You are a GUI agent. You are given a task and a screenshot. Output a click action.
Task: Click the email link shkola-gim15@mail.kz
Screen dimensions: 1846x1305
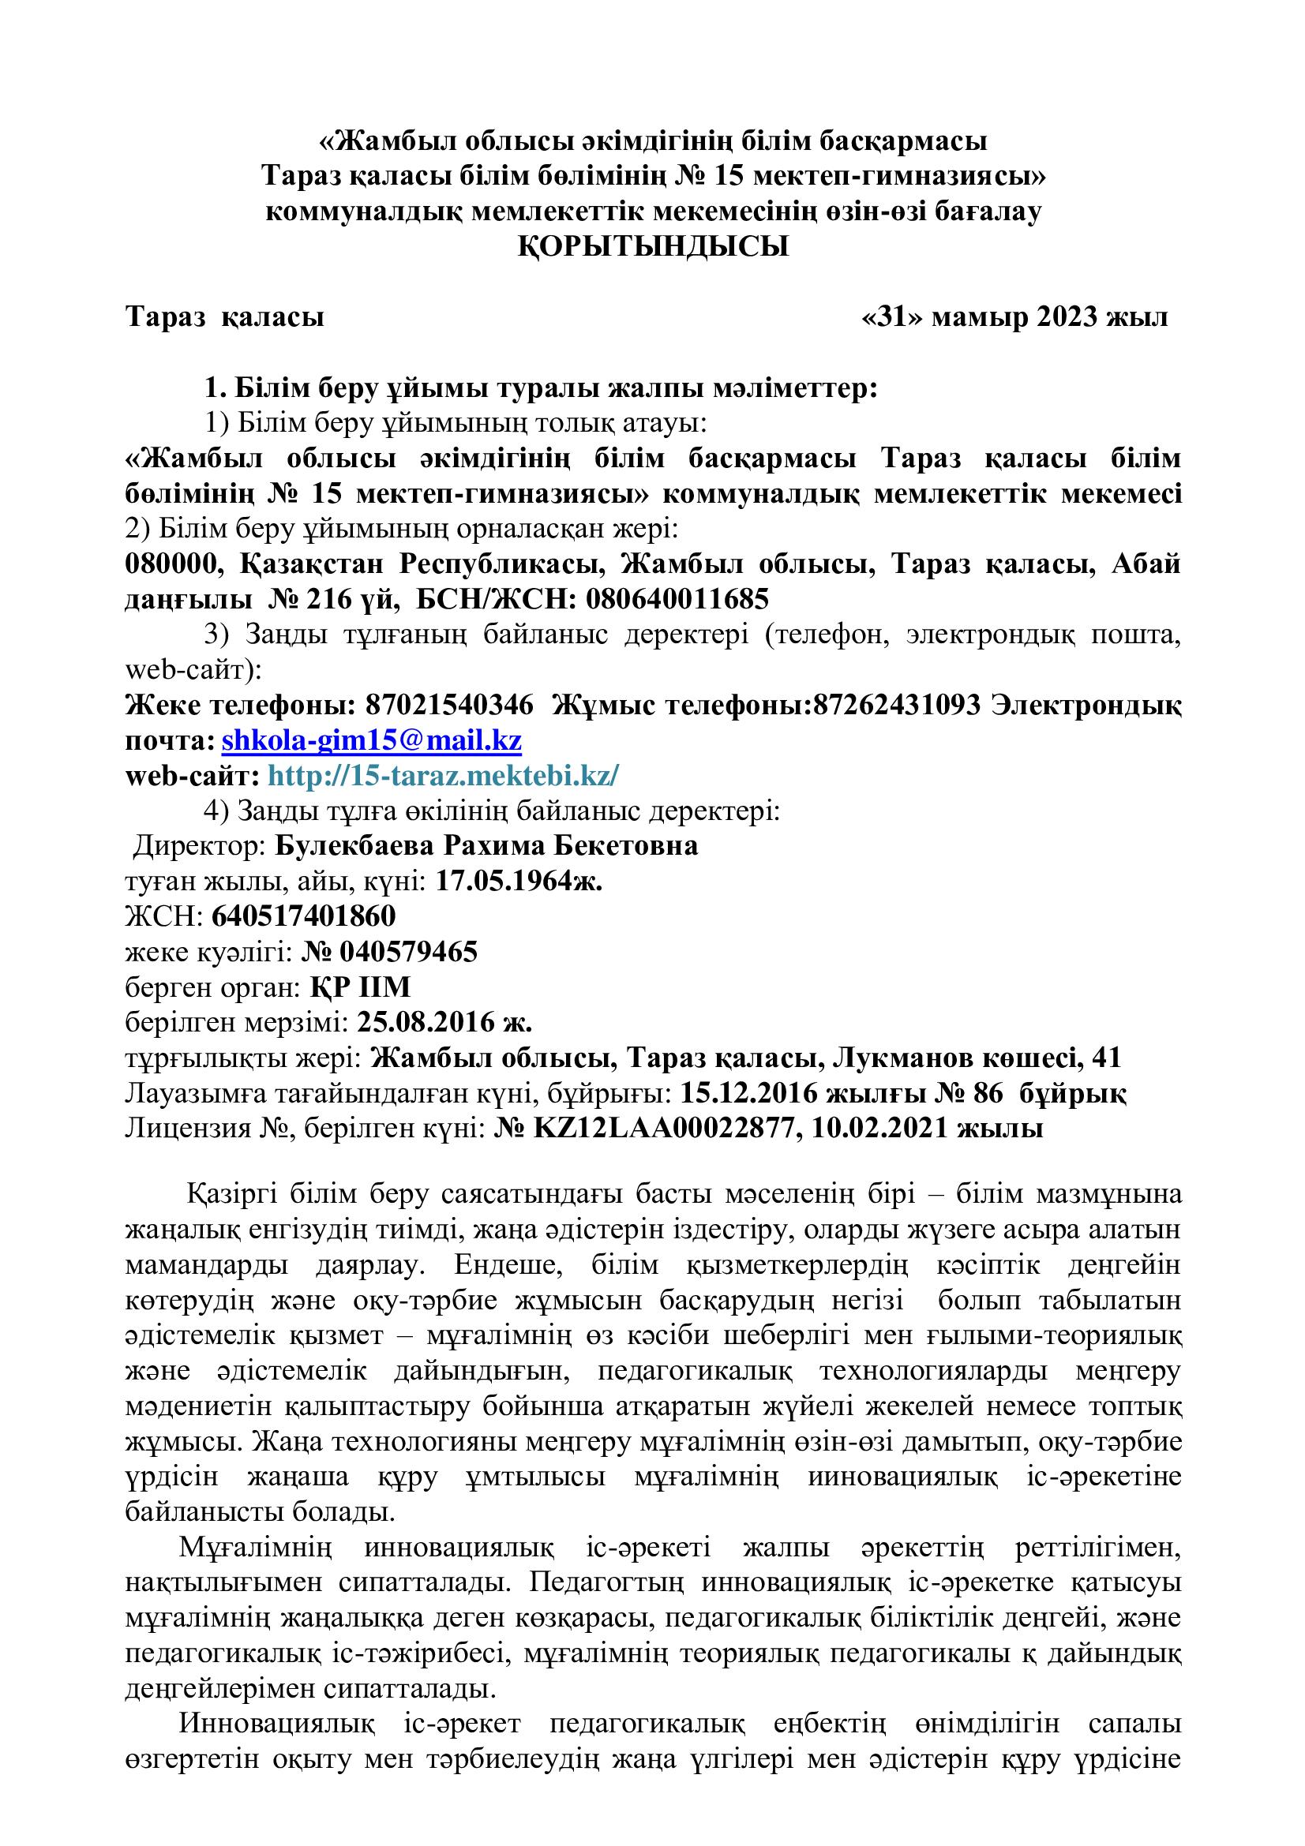point(372,740)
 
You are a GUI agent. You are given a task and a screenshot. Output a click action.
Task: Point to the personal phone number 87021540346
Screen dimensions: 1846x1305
point(449,705)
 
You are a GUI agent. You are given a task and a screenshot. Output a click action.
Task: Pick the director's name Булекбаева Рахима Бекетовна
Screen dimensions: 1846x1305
point(486,846)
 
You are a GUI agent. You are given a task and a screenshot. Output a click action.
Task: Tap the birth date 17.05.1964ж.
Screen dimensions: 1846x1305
point(519,882)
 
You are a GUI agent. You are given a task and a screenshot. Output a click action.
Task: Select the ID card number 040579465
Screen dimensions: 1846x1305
point(408,952)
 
